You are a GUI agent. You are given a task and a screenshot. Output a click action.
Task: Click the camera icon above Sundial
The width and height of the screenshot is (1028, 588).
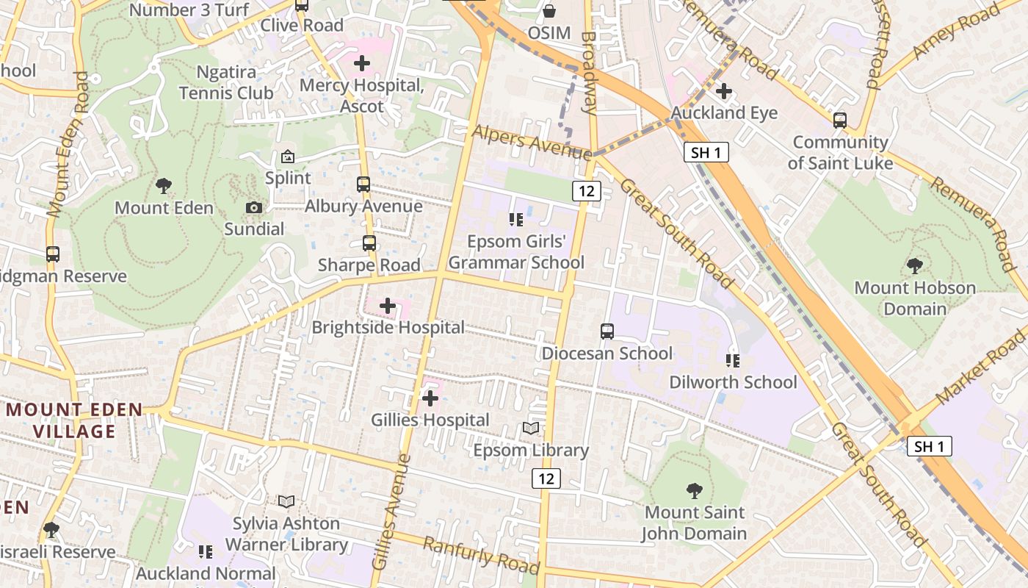click(x=254, y=208)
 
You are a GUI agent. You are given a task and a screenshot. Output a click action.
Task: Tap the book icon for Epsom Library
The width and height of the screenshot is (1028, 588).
click(x=531, y=428)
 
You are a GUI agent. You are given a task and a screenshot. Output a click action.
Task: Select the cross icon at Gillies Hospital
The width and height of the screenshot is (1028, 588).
click(x=430, y=398)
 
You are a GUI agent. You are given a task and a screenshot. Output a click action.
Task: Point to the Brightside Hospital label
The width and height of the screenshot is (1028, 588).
click(x=388, y=327)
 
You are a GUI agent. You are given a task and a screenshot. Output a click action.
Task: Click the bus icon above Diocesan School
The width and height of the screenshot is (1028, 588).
click(x=607, y=331)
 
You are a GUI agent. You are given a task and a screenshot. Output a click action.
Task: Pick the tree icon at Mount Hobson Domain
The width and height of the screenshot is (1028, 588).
click(x=915, y=265)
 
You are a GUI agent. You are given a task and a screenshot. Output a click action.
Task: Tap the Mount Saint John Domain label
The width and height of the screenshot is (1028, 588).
click(x=694, y=523)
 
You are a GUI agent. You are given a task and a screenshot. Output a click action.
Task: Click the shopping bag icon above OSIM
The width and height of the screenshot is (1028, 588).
click(x=549, y=11)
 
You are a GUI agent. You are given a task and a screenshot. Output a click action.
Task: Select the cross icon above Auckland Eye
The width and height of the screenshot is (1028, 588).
click(x=724, y=91)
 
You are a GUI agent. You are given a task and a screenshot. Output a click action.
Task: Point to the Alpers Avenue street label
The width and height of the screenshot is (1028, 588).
click(x=532, y=142)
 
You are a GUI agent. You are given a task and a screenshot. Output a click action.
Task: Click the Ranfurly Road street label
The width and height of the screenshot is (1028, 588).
click(x=482, y=556)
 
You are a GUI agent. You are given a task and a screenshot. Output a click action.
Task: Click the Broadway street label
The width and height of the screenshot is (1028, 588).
click(x=589, y=72)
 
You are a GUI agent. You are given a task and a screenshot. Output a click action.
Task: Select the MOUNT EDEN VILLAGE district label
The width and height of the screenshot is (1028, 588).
click(x=73, y=420)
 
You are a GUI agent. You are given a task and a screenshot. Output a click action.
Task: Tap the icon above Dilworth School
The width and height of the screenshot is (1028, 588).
click(x=733, y=360)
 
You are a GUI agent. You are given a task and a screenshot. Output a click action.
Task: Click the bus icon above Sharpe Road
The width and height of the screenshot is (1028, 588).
click(x=369, y=243)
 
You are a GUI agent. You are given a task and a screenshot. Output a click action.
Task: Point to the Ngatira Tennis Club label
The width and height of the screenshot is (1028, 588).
click(x=226, y=82)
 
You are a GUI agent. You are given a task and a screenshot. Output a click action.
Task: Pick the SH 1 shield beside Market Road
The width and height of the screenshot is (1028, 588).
click(x=929, y=445)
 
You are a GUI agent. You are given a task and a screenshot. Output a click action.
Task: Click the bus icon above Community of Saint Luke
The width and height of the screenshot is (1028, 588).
click(x=840, y=121)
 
